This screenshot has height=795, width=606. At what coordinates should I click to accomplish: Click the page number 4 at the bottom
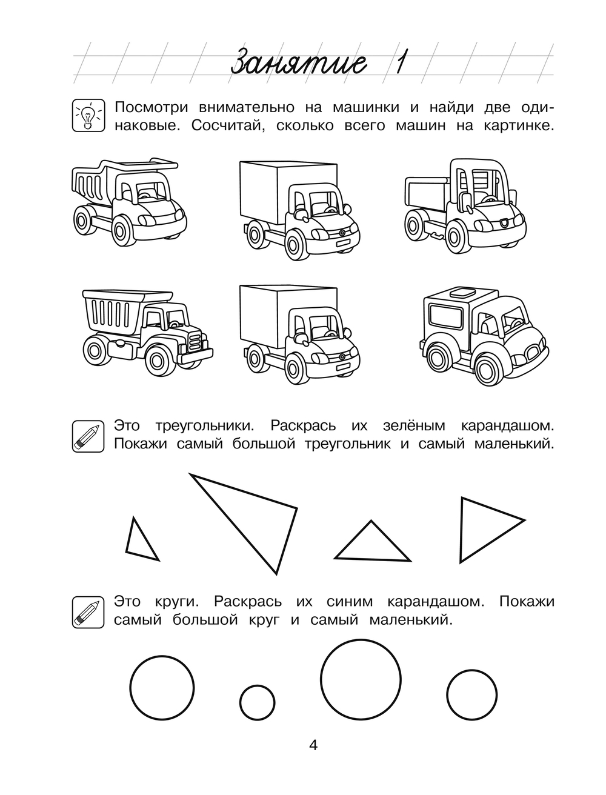(313, 745)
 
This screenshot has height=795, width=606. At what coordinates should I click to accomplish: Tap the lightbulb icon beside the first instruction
(85, 115)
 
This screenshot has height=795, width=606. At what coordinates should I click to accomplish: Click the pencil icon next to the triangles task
(85, 436)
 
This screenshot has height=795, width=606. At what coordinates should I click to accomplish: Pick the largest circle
(361, 677)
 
